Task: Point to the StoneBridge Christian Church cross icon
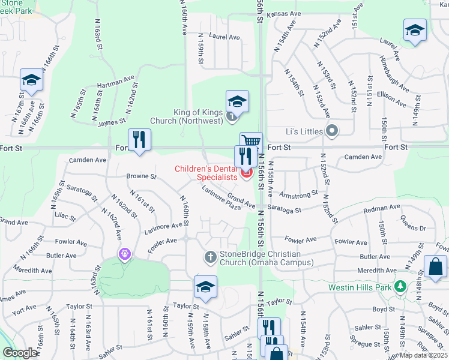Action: (210, 257)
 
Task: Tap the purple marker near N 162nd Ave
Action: (124, 254)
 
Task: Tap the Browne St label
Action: (141, 176)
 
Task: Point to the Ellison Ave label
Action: (393, 96)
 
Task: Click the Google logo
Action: (20, 353)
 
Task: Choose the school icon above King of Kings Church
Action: (237, 100)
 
